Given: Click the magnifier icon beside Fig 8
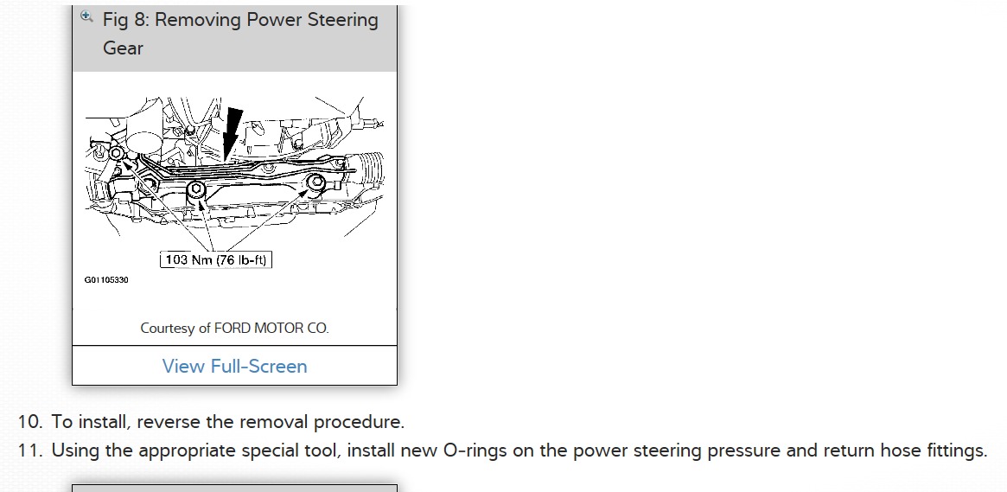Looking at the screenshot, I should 86,16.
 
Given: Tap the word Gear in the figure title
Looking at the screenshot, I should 123,48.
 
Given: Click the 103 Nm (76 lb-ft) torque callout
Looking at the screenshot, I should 216,259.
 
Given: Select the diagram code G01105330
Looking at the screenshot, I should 106,280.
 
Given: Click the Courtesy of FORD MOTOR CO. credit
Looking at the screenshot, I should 234,329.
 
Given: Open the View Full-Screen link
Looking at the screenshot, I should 234,366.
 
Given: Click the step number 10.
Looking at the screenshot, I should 29,423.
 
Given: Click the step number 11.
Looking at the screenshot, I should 29,450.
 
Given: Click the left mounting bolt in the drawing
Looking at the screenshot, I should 116,154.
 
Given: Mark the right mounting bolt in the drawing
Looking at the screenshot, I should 316,182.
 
